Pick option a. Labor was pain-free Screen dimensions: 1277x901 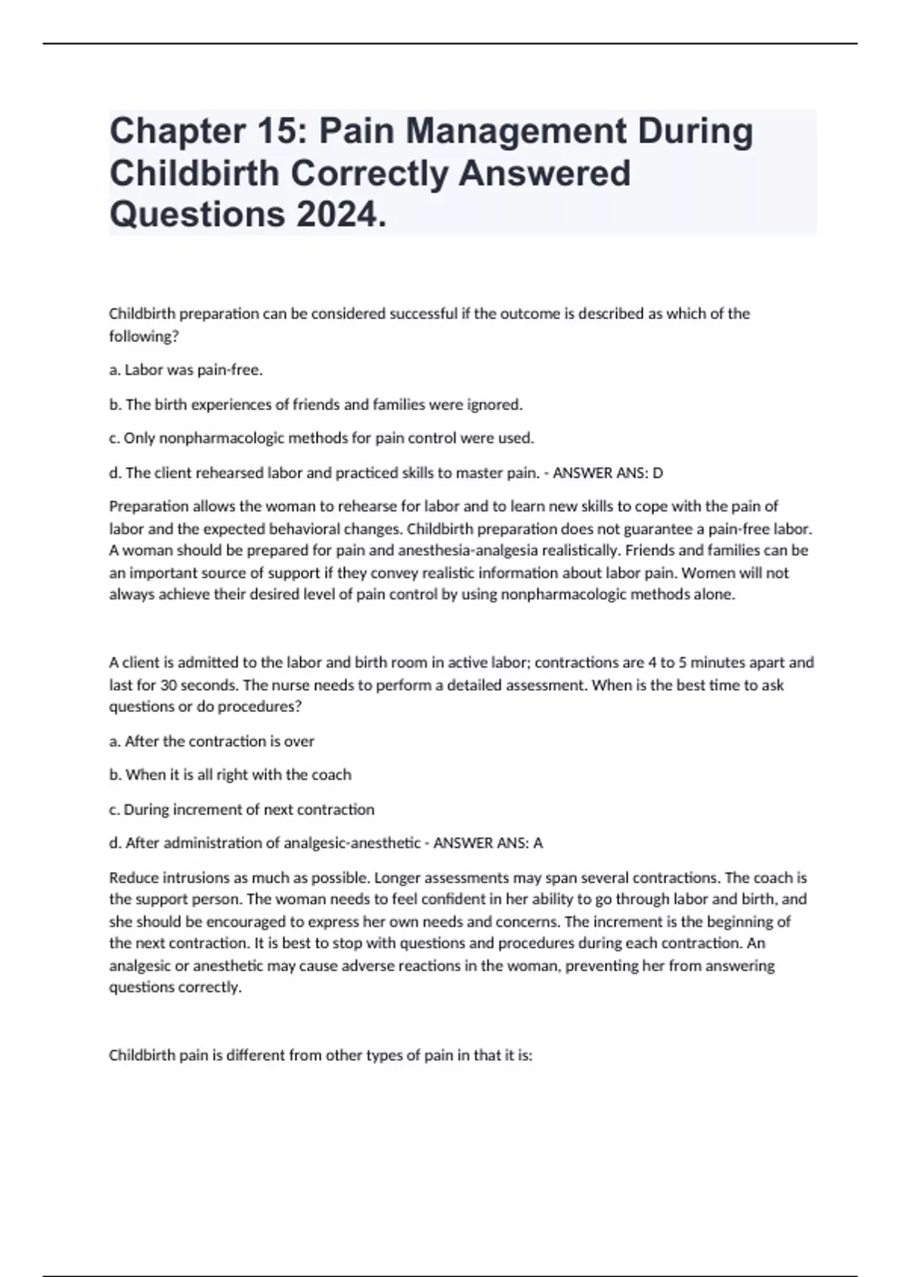click(x=186, y=370)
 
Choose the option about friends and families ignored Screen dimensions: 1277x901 click(x=315, y=404)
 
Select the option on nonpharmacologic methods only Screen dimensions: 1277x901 click(x=321, y=438)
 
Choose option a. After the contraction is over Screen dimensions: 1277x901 click(x=212, y=741)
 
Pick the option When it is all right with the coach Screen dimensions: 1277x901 click(x=230, y=774)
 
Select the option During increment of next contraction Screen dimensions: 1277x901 click(x=242, y=809)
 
